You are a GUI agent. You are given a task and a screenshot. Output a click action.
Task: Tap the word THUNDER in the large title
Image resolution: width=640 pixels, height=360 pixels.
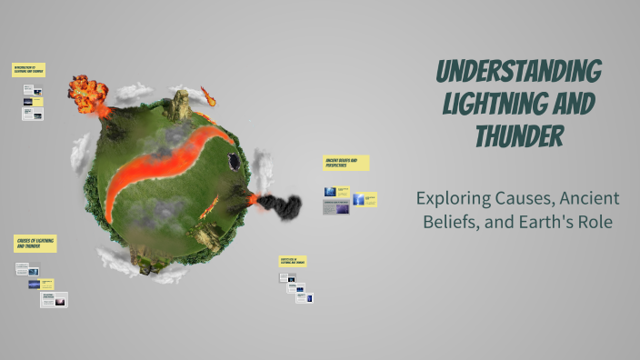coord(519,137)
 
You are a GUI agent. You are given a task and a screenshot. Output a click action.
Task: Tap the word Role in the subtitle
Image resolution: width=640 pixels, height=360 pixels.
coord(596,223)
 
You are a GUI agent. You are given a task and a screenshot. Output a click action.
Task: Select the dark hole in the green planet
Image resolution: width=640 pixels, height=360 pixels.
coord(234,161)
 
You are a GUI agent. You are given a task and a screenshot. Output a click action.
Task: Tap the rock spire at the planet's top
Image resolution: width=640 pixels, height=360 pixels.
coord(180,105)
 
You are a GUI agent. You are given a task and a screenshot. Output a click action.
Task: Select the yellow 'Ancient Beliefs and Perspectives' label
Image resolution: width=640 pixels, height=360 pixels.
coord(345,163)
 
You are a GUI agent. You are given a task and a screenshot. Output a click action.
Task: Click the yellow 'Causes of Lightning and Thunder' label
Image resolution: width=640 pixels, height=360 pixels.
coord(35,243)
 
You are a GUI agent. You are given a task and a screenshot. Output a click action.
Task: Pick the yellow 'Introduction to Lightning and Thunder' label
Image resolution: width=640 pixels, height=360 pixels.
coord(28,69)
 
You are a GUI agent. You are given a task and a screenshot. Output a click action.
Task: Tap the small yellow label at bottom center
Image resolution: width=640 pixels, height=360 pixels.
coord(293,261)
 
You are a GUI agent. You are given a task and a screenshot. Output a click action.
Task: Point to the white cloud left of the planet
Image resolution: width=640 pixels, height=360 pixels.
coord(80,149)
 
